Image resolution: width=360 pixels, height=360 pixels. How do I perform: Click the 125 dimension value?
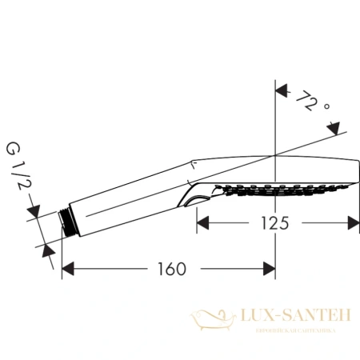click(274, 224)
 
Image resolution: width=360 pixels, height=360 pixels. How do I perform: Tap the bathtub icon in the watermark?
click(211, 322)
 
